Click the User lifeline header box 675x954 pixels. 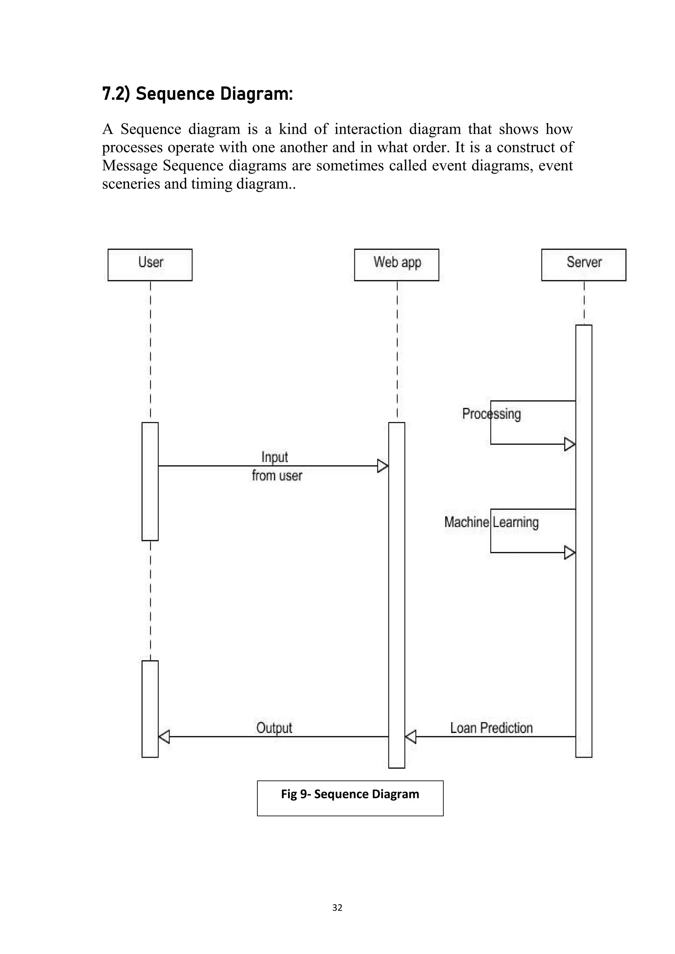[150, 265]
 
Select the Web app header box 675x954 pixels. [396, 265]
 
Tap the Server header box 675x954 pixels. [584, 265]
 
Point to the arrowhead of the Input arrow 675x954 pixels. [382, 466]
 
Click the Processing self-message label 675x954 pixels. [491, 414]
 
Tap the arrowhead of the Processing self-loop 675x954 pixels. [570, 444]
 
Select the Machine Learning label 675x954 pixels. [491, 522]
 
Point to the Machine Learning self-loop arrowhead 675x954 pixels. [570, 553]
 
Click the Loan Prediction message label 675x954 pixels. [491, 728]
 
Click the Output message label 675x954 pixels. [274, 728]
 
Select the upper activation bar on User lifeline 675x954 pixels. [150, 481]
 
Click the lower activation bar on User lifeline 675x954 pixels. [150, 709]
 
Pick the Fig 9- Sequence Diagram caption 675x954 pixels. [350, 794]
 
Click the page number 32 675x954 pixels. [337, 908]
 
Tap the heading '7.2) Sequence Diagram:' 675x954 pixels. [197, 94]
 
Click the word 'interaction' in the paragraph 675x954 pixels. [368, 129]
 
